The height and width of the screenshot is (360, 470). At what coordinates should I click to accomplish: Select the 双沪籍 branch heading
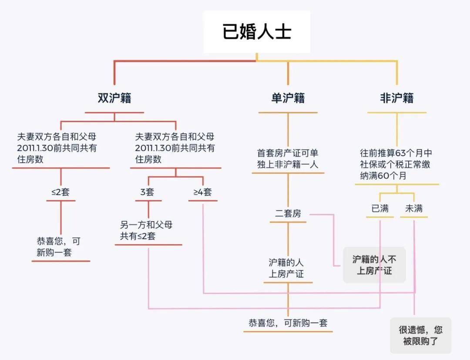pyautogui.click(x=114, y=98)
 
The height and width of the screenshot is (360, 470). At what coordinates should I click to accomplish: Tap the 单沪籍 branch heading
pyautogui.click(x=288, y=98)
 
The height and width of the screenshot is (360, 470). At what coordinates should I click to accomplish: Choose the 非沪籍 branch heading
pyautogui.click(x=396, y=98)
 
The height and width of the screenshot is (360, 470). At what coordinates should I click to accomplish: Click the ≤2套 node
pyautogui.click(x=60, y=192)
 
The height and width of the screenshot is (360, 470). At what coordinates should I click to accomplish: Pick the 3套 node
pyautogui.click(x=148, y=192)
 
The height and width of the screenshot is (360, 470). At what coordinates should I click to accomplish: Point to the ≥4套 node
pyautogui.click(x=203, y=192)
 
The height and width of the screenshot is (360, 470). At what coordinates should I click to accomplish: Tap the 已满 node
pyautogui.click(x=380, y=209)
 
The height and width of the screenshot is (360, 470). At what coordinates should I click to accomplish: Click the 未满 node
pyautogui.click(x=414, y=209)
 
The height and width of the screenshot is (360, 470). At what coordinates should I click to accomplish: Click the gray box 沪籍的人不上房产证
pyautogui.click(x=374, y=265)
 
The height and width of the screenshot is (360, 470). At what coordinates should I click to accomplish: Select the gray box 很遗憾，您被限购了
pyautogui.click(x=420, y=335)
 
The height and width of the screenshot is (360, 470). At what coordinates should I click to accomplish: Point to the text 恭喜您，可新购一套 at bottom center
pyautogui.click(x=288, y=323)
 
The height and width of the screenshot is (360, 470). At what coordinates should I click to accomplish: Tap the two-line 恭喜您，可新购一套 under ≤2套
pyautogui.click(x=59, y=247)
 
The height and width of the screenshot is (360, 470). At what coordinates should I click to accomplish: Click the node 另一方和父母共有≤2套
pyautogui.click(x=146, y=231)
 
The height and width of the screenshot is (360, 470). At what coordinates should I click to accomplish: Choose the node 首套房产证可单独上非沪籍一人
pyautogui.click(x=288, y=158)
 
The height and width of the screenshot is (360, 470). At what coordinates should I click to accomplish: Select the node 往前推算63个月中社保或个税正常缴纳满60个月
pyautogui.click(x=396, y=165)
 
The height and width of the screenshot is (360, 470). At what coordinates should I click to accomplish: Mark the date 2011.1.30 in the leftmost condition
pyautogui.click(x=35, y=148)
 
